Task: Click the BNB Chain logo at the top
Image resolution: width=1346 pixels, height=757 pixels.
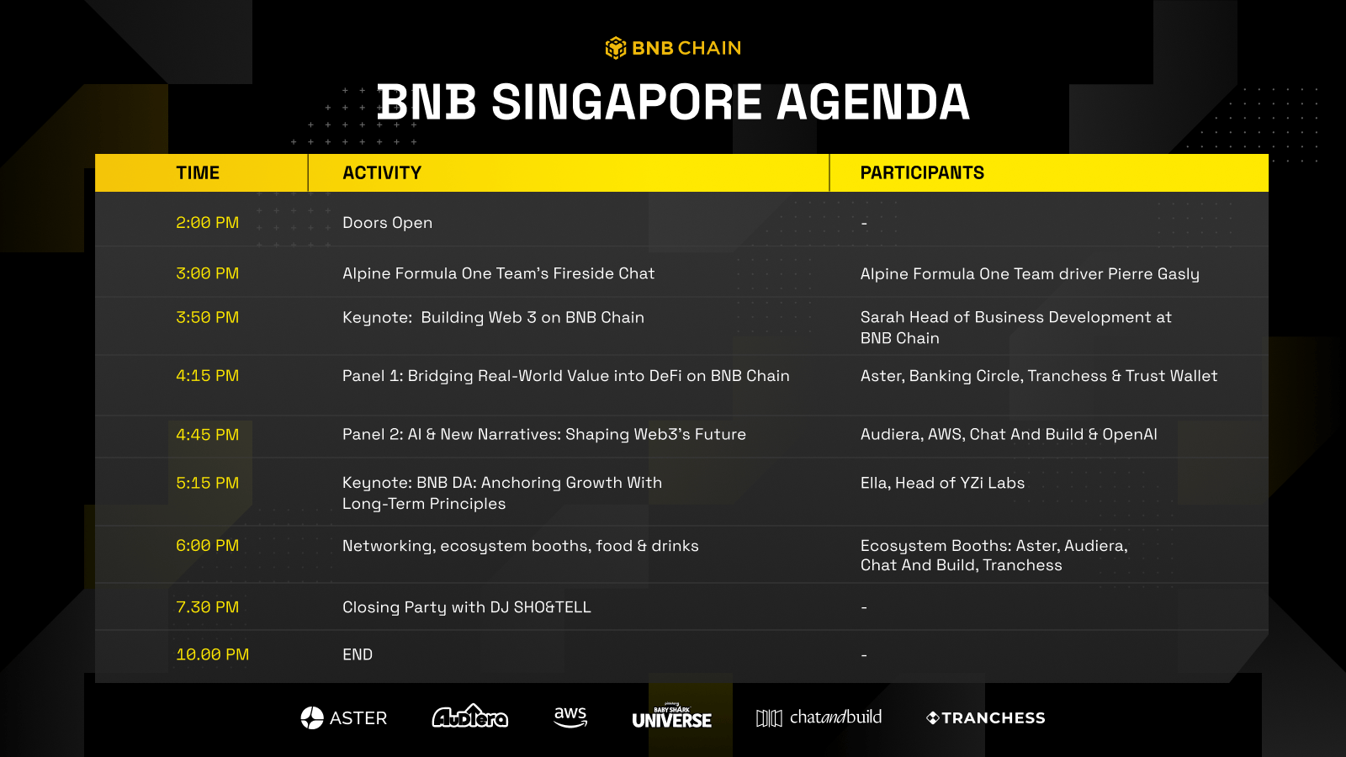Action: [x=673, y=48]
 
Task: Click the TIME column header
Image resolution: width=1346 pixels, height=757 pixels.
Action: [x=198, y=173]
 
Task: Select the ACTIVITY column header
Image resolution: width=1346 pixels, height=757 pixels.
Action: [x=382, y=173]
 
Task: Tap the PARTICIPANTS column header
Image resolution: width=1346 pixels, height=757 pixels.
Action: [x=922, y=173]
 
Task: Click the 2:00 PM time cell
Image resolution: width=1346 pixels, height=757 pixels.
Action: [x=207, y=223]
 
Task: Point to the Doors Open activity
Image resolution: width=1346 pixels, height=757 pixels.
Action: [x=388, y=223]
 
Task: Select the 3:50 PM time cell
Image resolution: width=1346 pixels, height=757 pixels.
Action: [x=207, y=317]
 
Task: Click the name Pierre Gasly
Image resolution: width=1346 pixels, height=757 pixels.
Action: [x=1153, y=274]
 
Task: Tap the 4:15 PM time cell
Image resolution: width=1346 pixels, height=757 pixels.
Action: [x=207, y=376]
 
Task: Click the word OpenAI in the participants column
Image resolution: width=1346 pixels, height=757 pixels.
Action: [x=1130, y=434]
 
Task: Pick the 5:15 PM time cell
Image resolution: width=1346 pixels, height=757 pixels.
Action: [x=207, y=483]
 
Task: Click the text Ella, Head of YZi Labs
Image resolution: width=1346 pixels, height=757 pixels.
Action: [x=942, y=483]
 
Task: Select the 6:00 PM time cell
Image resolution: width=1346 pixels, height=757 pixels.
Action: [x=207, y=546]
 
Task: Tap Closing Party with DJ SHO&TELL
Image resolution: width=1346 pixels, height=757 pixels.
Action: [x=467, y=607]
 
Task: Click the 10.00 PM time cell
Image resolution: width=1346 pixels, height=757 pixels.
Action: [x=212, y=654]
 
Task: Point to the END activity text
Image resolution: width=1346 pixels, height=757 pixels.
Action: [x=358, y=654]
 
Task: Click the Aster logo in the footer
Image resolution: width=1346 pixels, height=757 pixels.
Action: [x=344, y=718]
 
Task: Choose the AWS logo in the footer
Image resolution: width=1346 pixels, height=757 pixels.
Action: [x=570, y=717]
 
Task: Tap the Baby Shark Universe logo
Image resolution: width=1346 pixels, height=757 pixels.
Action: [x=672, y=716]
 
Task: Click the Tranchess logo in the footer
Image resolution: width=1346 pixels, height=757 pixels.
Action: [x=985, y=718]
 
